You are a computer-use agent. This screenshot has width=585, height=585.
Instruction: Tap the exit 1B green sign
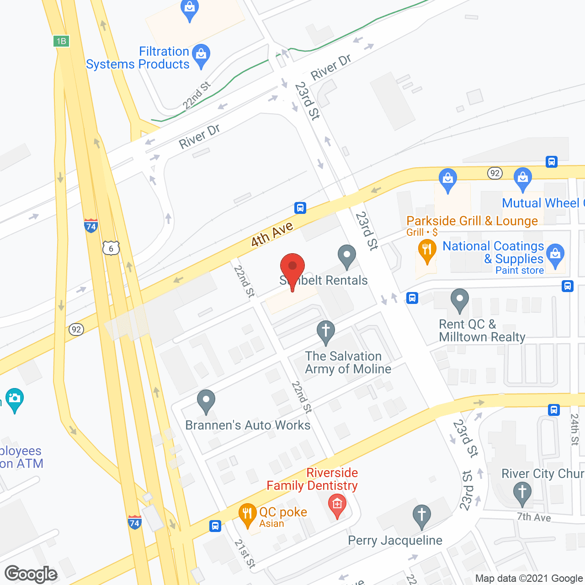(61, 41)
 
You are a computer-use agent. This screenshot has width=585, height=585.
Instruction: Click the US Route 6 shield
(111, 248)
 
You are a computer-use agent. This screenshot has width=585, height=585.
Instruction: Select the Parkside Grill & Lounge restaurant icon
(427, 250)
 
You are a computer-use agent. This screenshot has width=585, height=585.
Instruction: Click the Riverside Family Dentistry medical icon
(337, 505)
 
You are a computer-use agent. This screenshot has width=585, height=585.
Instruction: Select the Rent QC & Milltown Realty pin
(460, 300)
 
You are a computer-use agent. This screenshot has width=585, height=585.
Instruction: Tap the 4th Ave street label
(271, 234)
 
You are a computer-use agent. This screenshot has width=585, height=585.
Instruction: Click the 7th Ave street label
(534, 517)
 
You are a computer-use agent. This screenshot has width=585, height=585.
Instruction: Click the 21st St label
(245, 553)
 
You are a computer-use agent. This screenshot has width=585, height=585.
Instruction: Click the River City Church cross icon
(522, 493)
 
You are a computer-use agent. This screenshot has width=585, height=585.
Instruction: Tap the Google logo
(31, 574)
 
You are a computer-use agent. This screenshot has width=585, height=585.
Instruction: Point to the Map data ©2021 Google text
(529, 578)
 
